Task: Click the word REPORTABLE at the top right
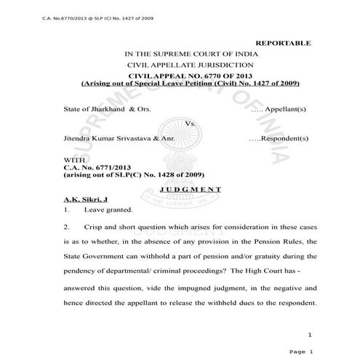pos(284,44)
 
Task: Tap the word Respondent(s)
pos(286,137)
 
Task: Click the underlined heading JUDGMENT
pos(191,189)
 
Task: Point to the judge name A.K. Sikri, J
pos(84,199)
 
